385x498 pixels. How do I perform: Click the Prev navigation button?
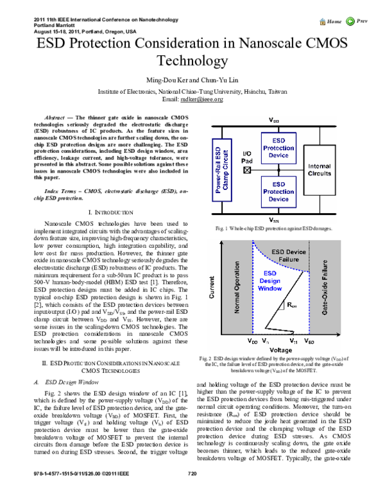pyautogui.click(x=361, y=22)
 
